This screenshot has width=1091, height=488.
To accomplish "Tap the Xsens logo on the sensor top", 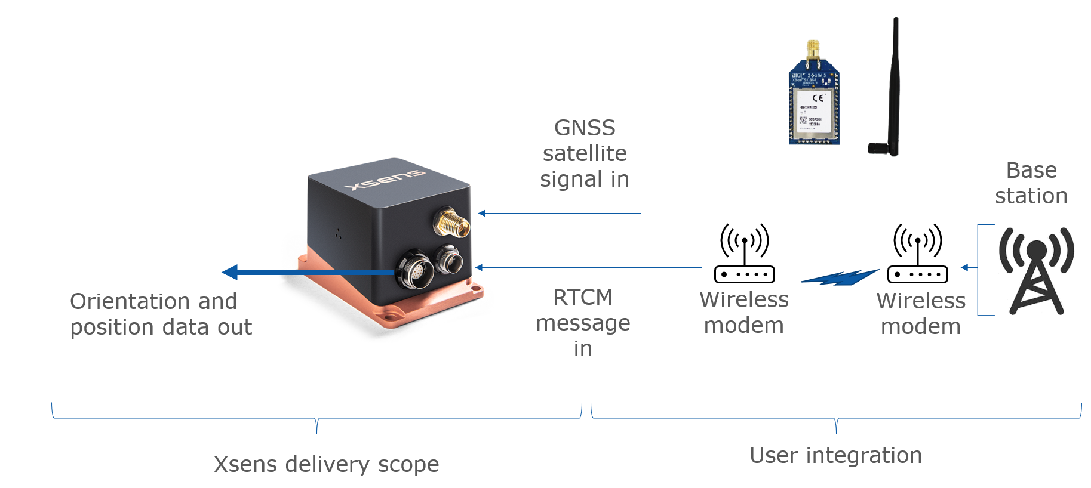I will (x=385, y=179).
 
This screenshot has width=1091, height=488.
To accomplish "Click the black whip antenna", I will (x=892, y=89).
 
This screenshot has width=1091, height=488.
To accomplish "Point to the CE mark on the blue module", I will (x=818, y=98).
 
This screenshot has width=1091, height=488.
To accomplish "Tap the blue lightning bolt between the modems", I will (x=840, y=277).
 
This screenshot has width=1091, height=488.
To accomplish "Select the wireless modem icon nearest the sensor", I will (x=744, y=254).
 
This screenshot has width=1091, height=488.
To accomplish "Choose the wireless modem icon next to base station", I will (x=918, y=254).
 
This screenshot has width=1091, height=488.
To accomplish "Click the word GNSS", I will (x=585, y=128).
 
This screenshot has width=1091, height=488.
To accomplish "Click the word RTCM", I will (x=583, y=297).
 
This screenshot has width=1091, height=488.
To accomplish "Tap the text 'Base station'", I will (x=1031, y=183).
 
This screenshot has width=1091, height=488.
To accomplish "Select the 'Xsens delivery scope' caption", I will (x=326, y=464).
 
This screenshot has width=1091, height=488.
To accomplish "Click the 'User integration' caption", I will (x=835, y=455).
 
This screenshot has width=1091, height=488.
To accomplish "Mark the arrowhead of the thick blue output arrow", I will (x=230, y=272).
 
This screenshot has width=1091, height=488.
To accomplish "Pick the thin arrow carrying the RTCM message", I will (x=588, y=268).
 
